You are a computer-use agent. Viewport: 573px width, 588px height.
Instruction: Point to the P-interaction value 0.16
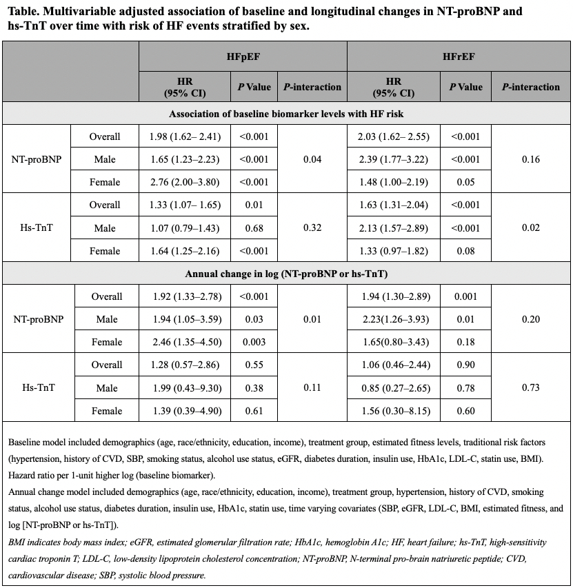click(530, 159)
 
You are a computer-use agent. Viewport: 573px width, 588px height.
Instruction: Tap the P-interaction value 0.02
click(530, 227)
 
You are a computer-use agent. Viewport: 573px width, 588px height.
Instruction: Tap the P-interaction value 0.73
click(530, 387)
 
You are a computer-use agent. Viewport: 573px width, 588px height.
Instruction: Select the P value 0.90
click(466, 365)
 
